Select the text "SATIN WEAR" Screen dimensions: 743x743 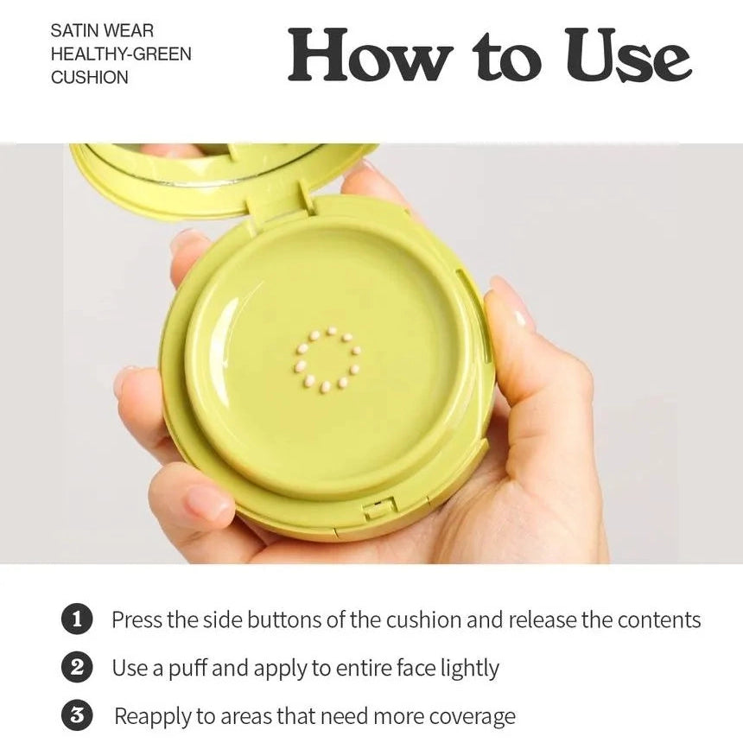(x=102, y=31)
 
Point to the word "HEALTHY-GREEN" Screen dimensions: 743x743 (x=121, y=54)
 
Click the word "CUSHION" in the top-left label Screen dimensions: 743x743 (x=90, y=77)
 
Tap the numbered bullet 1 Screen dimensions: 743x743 (x=77, y=619)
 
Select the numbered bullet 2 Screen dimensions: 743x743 (x=77, y=667)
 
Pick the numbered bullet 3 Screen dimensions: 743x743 (x=77, y=715)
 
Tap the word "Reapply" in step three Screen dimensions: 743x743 (x=153, y=717)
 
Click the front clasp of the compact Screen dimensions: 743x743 (x=380, y=508)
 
